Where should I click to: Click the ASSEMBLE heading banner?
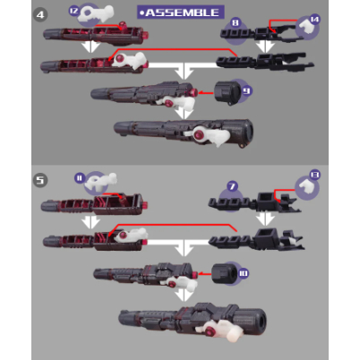coord(181,13)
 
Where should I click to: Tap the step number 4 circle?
coord(40,15)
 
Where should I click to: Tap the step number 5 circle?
coord(40,180)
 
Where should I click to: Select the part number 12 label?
coord(73,11)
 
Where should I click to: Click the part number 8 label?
coord(236,22)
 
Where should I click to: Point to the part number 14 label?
coord(314,20)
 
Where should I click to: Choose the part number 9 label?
coord(246,90)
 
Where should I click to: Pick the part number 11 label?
coord(80,178)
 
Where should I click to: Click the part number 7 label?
coord(232,186)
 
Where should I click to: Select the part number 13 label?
coord(315,175)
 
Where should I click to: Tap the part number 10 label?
coord(244,273)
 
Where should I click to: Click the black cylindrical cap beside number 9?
coord(227,92)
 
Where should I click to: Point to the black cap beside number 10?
coord(224,274)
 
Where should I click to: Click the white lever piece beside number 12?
coord(96,14)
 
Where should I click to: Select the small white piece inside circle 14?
coord(306,26)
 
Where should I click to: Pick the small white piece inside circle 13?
coord(306,186)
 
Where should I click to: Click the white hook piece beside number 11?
coord(101,182)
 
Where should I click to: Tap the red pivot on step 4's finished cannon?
coord(199,135)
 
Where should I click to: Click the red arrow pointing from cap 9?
coord(206,93)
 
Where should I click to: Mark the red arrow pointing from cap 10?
coord(204,273)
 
